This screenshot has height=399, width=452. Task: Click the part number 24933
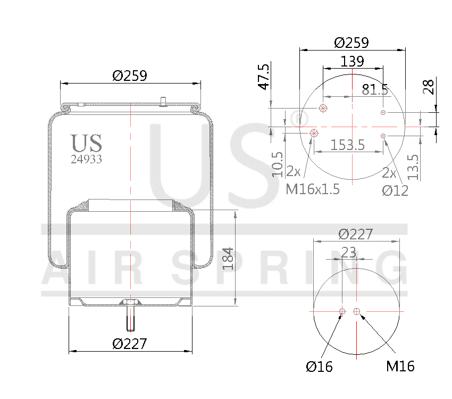(87, 159)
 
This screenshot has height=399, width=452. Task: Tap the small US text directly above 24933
(87, 143)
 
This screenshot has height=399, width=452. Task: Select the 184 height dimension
(228, 258)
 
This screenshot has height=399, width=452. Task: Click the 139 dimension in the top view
(352, 61)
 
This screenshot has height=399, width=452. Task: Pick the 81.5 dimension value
(375, 89)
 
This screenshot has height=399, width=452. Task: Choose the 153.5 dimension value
(348, 145)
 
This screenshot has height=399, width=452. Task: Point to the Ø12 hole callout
(395, 190)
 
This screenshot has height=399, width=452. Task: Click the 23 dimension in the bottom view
(349, 253)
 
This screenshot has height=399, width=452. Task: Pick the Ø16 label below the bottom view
(319, 367)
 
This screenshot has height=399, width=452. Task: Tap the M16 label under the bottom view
(400, 366)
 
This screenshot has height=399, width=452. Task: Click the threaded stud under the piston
(130, 319)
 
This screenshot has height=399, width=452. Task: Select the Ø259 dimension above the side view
(130, 76)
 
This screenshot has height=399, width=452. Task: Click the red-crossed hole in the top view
(314, 132)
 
